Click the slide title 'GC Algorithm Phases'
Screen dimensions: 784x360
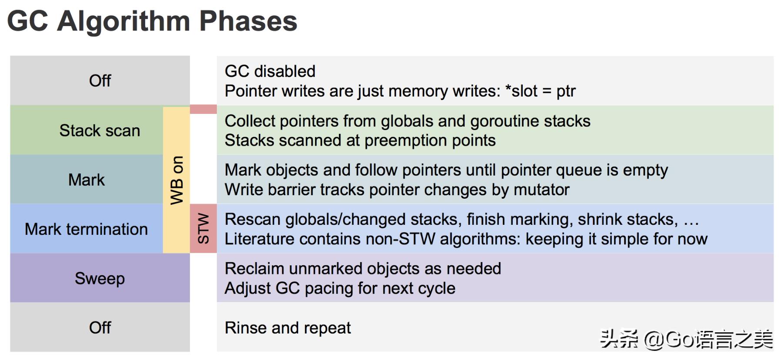pyautogui.click(x=152, y=22)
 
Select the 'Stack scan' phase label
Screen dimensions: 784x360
pyautogui.click(x=100, y=130)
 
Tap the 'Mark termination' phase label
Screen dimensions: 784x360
pyautogui.click(x=86, y=229)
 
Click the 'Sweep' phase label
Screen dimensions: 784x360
pyautogui.click(x=100, y=279)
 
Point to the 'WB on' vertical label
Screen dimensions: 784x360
pyautogui.click(x=176, y=180)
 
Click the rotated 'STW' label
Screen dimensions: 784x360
pyautogui.click(x=203, y=228)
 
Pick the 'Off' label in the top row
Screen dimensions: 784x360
pyautogui.click(x=100, y=80)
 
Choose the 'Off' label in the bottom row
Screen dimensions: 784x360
pyautogui.click(x=100, y=327)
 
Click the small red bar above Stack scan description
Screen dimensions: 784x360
pyautogui.click(x=203, y=109)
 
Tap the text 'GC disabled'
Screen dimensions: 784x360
pyautogui.click(x=270, y=71)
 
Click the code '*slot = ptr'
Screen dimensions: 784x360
pyautogui.click(x=540, y=91)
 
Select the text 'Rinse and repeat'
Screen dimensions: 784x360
pyautogui.click(x=288, y=328)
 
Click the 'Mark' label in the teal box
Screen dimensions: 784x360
pyautogui.click(x=86, y=180)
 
